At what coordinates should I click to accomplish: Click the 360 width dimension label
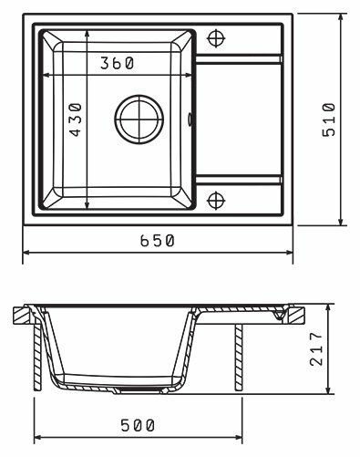tap(117, 63)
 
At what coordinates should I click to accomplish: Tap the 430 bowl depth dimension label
tap(76, 119)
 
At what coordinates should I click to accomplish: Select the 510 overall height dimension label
tap(329, 119)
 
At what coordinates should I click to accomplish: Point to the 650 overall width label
tap(158, 241)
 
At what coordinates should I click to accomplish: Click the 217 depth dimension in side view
tap(316, 348)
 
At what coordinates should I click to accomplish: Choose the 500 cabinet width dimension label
tap(138, 425)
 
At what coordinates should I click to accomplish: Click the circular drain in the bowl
tap(139, 119)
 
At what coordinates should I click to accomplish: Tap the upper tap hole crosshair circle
tap(216, 38)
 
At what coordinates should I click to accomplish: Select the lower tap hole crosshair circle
tap(216, 201)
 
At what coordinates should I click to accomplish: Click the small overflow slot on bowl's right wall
tap(190, 119)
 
